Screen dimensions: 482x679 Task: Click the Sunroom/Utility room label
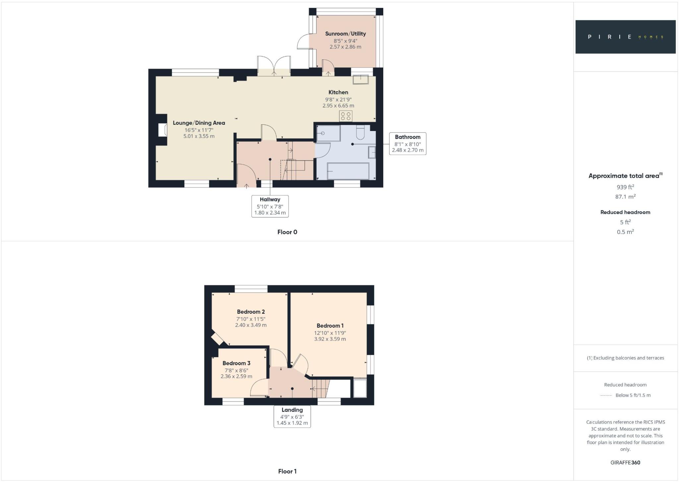[x=345, y=34]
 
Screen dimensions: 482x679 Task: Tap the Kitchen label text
[x=338, y=92]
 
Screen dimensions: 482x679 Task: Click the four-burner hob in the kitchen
[x=345, y=116]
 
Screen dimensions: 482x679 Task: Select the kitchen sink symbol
[x=361, y=80]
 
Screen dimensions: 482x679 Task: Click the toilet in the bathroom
[x=360, y=133]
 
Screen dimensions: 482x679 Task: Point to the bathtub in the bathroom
[x=348, y=171]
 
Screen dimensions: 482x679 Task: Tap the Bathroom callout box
[x=407, y=144]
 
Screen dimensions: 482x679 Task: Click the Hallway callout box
[x=270, y=206]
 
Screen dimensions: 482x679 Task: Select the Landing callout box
[x=292, y=416]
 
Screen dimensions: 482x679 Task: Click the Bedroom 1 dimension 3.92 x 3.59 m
[x=330, y=339]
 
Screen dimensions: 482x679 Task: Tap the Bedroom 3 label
[x=236, y=363]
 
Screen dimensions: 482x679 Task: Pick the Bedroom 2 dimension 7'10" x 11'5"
[x=251, y=319]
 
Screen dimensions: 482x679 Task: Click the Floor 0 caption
[x=287, y=232]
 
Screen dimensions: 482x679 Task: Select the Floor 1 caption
[x=287, y=471]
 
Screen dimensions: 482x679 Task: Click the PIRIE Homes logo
[x=625, y=37]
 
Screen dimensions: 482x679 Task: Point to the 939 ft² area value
[x=625, y=187]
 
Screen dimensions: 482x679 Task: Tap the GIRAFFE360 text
[x=625, y=462]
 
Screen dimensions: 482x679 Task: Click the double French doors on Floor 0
[x=274, y=66]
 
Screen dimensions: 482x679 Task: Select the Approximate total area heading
[x=625, y=176]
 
